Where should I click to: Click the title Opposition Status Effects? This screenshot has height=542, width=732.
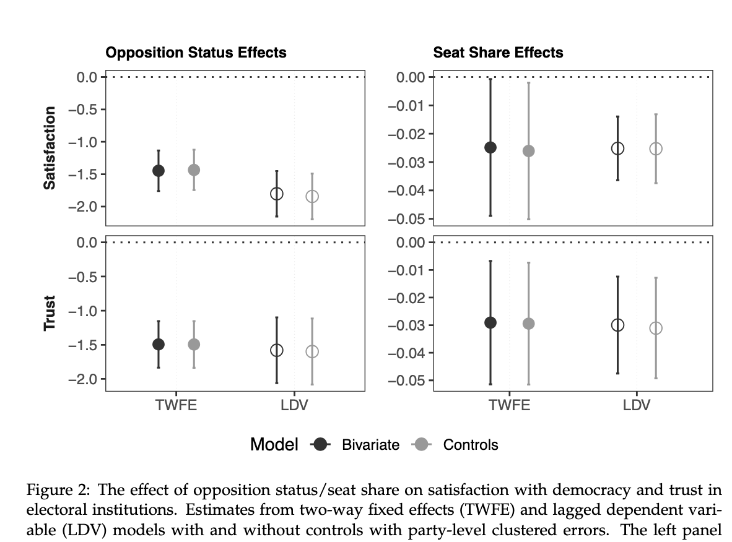(196, 53)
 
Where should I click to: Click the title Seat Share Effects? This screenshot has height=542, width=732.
(498, 53)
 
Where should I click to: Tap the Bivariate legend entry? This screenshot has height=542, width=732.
(370, 444)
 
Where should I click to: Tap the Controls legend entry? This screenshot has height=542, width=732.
(470, 444)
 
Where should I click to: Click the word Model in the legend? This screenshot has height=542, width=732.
(274, 444)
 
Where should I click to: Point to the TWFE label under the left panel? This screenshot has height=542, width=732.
(176, 406)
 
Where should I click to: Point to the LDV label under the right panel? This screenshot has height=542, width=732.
(637, 406)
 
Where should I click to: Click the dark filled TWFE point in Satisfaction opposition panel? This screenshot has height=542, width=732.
(159, 171)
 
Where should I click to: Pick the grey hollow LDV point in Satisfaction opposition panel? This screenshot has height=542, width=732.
(312, 196)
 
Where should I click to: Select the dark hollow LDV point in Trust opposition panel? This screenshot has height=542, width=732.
(277, 350)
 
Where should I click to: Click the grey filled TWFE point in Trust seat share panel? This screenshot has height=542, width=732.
(528, 324)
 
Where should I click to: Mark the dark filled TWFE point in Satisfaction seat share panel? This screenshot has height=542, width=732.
(490, 147)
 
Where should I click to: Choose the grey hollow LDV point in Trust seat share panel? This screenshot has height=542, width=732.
(656, 328)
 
